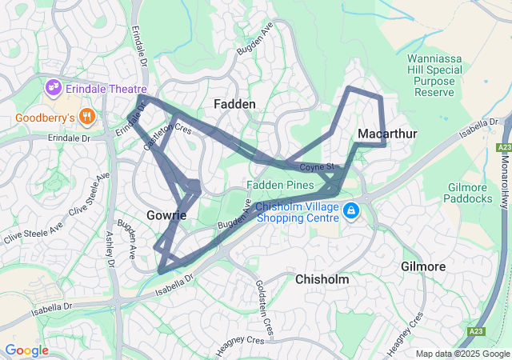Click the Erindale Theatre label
(x=107, y=89)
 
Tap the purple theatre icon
(x=54, y=86)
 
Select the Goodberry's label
(x=44, y=118)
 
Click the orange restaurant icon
(x=87, y=118)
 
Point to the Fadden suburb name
(x=235, y=105)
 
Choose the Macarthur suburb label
(x=388, y=133)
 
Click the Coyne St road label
(x=317, y=167)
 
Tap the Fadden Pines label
(x=279, y=185)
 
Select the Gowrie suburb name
(x=166, y=215)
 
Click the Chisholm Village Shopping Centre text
(x=297, y=212)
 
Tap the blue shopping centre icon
(x=350, y=211)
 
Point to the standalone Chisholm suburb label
(x=322, y=280)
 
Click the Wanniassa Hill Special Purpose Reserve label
(x=436, y=76)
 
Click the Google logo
(x=26, y=350)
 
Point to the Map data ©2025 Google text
(x=462, y=354)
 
